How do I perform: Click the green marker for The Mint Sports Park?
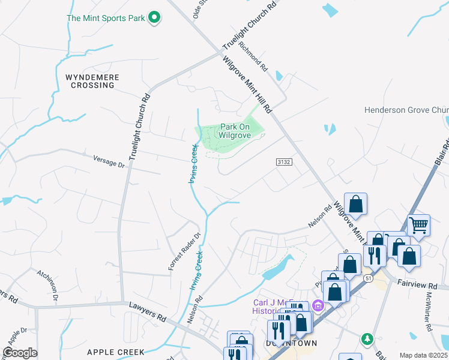(x=154, y=18)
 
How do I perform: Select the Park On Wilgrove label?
(x=235, y=131)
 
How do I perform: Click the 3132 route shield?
(x=284, y=163)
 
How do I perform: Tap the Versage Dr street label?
(x=109, y=160)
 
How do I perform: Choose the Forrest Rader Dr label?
(x=184, y=251)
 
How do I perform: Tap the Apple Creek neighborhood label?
(x=115, y=352)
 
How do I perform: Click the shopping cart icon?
(x=418, y=226)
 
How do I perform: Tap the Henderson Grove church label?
(x=406, y=110)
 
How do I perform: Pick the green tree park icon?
(x=366, y=339)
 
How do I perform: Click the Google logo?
(x=20, y=352)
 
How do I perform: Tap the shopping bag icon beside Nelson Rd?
(x=356, y=203)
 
